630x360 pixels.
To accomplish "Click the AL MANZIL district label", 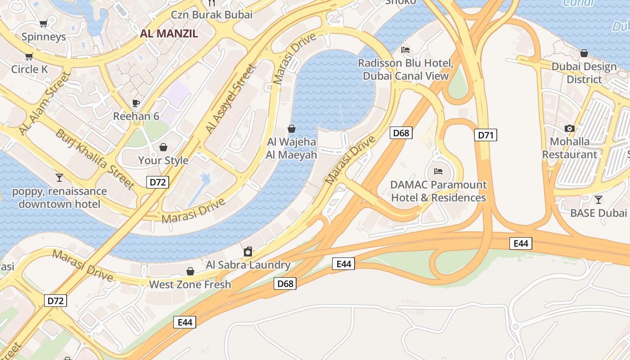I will pos(169,33).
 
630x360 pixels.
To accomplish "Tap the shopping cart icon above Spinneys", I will pos(44,23).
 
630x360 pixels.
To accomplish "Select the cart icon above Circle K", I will pos(29,56).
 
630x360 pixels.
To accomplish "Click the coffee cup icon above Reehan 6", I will pos(136,103).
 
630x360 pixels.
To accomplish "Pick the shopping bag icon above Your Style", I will pos(163,147).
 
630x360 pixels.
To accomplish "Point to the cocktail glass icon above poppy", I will pos(59,178).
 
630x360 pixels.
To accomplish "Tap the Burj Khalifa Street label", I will pos(95,159).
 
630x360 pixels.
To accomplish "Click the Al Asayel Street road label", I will pos(230,99).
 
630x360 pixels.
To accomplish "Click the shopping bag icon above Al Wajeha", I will pos(292,129).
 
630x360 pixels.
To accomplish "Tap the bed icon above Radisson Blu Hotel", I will pos(405,50).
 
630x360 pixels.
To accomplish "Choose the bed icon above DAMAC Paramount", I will pos(438,171).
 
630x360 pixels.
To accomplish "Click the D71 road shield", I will pos(486,135).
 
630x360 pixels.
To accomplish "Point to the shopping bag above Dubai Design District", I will pos(584,53).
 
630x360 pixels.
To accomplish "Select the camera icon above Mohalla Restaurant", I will pos(570,128).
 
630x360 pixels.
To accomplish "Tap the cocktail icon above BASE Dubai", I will pos(598,199).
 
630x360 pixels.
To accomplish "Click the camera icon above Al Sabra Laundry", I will pos(248,251).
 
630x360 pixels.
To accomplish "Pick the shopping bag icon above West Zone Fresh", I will pos(190,271).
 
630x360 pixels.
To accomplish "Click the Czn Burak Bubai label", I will pos(211,14).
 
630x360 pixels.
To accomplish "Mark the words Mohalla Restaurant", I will pos(570,148).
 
